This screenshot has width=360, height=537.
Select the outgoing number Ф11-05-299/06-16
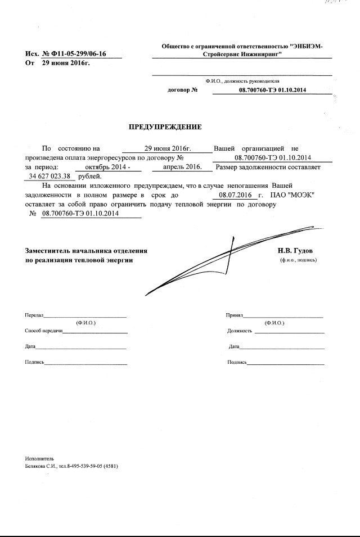pyautogui.click(x=80, y=54)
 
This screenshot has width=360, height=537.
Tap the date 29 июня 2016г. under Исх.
pyautogui.click(x=66, y=63)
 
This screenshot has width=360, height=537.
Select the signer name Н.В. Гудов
pyautogui.click(x=295, y=250)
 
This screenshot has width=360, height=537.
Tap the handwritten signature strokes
pyautogui.click(x=225, y=253)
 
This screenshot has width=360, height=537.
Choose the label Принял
pyautogui.click(x=235, y=316)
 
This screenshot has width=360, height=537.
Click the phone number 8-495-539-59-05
pyautogui.click(x=90, y=466)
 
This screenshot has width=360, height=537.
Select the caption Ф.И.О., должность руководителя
pyautogui.click(x=242, y=81)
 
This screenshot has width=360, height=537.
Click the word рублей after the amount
pyautogui.click(x=91, y=176)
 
